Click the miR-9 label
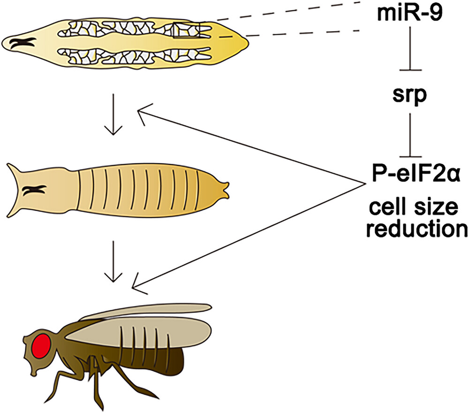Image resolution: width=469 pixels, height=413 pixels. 409,15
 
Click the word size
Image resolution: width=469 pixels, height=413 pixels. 437,207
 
